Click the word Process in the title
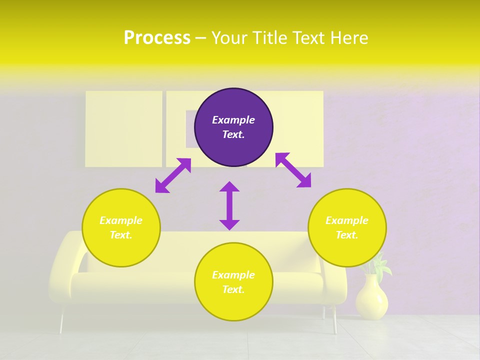coord(157,38)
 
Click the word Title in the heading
coord(272,38)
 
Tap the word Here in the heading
coord(348,38)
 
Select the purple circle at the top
coord(233,127)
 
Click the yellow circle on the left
coord(121,227)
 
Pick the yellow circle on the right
coord(347,227)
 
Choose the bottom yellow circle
coord(233,282)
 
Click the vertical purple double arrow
coord(229,205)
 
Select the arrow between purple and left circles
coord(173,175)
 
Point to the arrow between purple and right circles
coord(293,170)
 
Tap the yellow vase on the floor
coord(371,298)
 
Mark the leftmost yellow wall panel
coord(123,128)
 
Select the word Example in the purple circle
coord(233,120)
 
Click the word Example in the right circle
coord(347,220)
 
